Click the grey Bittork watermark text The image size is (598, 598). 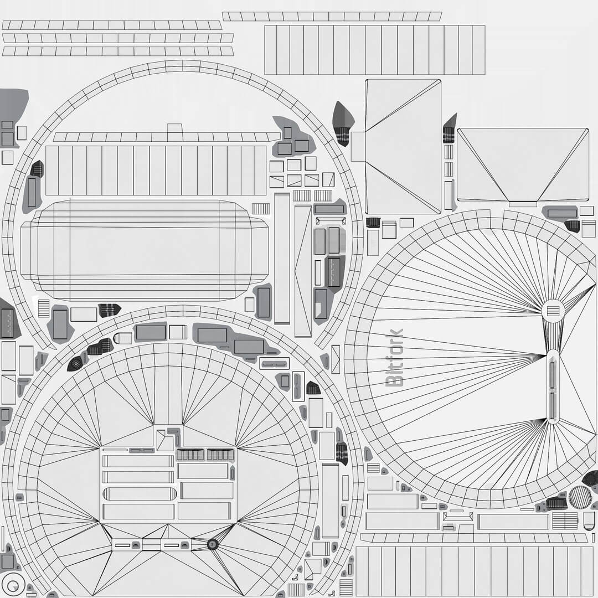point(394,358)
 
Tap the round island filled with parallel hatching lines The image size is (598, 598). point(580,497)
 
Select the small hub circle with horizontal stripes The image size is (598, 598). point(553,311)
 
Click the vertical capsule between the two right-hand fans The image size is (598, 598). point(553,385)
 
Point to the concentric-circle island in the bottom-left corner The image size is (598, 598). point(13,585)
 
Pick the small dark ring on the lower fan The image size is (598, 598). point(212,545)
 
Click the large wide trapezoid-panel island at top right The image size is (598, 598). point(522,165)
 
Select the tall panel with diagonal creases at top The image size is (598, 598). point(403,146)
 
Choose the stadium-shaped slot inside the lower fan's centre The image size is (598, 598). point(139,493)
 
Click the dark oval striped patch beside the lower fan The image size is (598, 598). point(75,364)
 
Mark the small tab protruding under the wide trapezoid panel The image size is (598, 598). point(522,204)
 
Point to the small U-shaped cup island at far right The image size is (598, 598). point(589,520)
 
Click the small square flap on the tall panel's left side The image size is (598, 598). point(358,146)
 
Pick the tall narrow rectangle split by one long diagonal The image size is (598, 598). point(302,271)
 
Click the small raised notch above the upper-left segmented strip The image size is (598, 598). point(174,128)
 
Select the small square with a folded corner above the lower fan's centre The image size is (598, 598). point(164,441)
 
